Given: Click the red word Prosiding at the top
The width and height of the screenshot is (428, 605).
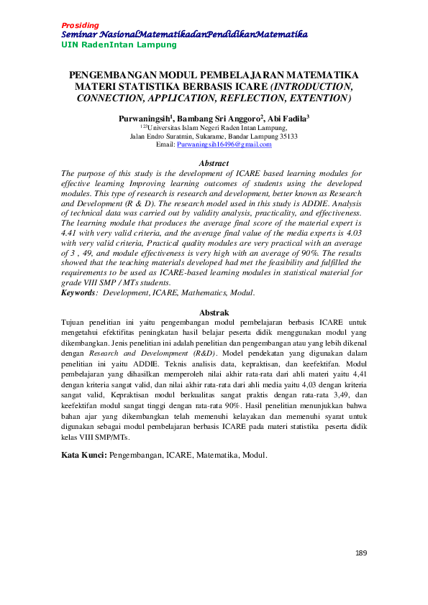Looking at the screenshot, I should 80,25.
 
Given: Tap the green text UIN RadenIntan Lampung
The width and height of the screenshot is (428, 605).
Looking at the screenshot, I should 119,45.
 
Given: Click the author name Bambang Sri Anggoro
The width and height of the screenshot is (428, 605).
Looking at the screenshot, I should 224,118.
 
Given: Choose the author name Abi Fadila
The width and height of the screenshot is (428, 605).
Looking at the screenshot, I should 288,118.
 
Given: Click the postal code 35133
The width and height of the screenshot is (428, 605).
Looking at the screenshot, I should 287,136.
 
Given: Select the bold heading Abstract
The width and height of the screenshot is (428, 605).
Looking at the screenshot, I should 214,164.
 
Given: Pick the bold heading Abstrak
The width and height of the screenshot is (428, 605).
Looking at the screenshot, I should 214,313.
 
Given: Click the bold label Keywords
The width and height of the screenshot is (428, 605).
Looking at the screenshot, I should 78,293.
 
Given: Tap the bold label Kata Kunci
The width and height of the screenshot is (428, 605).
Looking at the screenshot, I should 83,455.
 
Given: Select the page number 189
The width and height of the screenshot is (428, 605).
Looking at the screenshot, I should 361,553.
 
